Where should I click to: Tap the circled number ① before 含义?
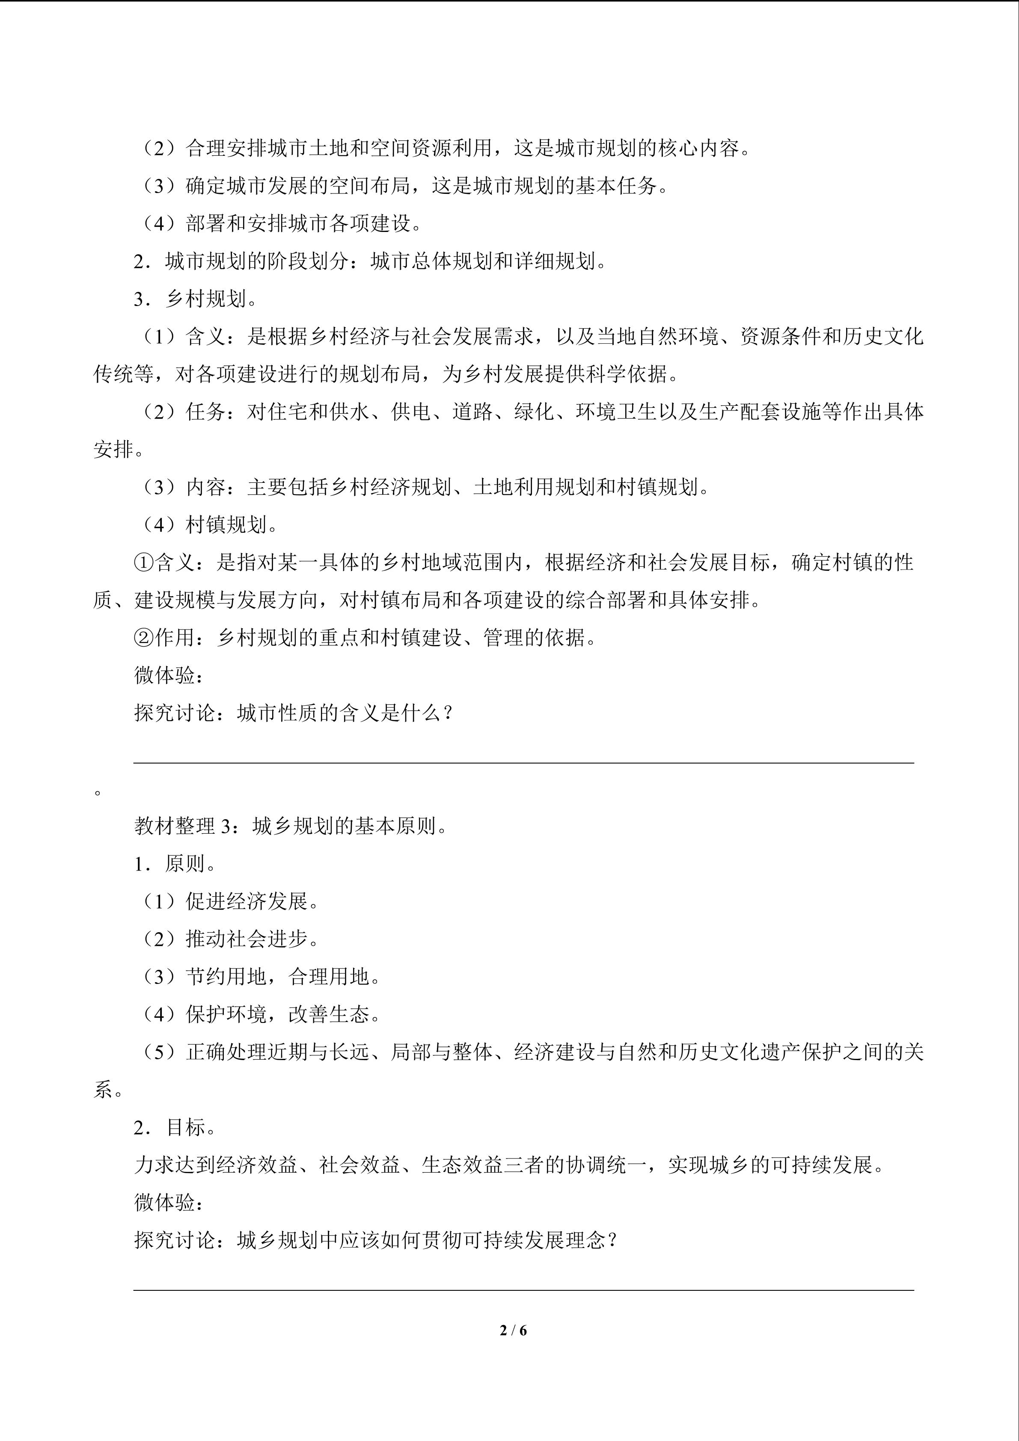click(144, 562)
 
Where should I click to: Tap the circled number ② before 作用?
click(144, 638)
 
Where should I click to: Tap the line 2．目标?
click(176, 1127)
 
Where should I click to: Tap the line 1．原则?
click(176, 864)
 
